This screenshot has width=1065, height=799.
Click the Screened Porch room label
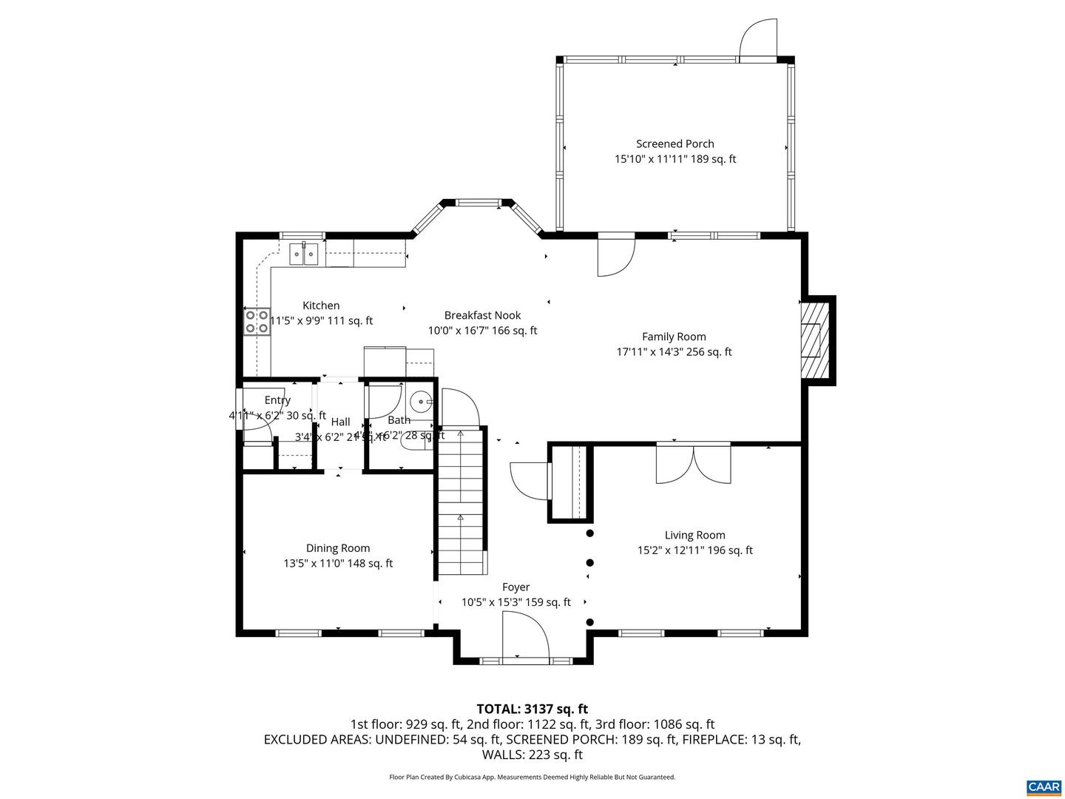(x=674, y=144)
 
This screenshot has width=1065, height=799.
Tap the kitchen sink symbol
(x=304, y=254)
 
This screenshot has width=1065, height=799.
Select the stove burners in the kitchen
(x=257, y=322)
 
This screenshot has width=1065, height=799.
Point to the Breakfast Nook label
(x=482, y=315)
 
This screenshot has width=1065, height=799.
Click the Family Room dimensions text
(x=674, y=352)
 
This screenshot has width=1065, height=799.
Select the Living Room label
(x=694, y=535)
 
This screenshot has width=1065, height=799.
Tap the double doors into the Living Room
(x=693, y=464)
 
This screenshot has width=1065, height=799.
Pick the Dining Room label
(x=338, y=548)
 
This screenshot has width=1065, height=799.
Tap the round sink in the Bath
(x=422, y=402)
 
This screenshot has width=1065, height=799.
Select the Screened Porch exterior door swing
(x=758, y=37)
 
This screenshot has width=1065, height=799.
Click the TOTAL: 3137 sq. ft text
(x=532, y=709)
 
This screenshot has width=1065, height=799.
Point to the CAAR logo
(x=1043, y=786)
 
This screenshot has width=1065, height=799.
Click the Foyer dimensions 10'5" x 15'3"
(x=515, y=602)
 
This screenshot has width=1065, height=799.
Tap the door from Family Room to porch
(x=616, y=255)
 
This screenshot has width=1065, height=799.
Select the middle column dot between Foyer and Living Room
(x=589, y=562)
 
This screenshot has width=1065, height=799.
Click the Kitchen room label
(x=321, y=306)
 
